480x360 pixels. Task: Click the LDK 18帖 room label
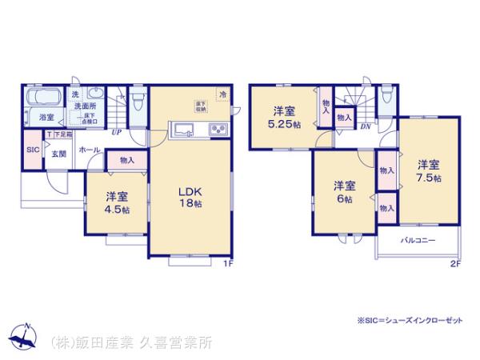coord(189,198)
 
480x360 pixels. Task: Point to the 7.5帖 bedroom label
coord(428,170)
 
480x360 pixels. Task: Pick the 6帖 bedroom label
coord(344,193)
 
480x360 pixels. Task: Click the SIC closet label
coord(33,150)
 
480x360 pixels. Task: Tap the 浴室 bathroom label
coord(46,118)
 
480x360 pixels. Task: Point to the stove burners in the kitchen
coord(218,130)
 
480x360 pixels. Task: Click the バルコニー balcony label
coord(413,240)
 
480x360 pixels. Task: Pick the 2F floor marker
coord(454,264)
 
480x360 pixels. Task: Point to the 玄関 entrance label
coord(58,154)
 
